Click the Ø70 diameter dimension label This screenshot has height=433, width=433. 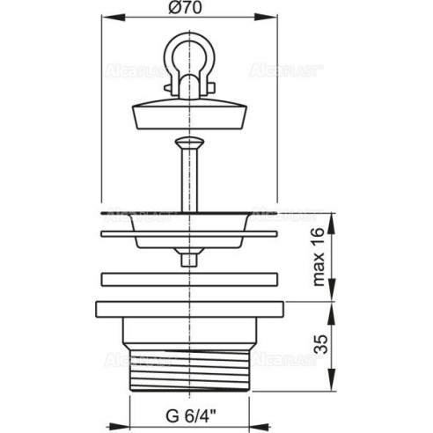(x=186, y=7)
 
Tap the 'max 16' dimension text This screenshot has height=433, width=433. (x=319, y=257)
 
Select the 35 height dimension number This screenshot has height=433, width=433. (x=320, y=344)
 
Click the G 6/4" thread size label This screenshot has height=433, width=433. (x=191, y=415)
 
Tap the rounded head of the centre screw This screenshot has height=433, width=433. (x=189, y=143)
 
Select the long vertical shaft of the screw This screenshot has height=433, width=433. (x=189, y=180)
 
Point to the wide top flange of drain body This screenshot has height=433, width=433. (x=189, y=309)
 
